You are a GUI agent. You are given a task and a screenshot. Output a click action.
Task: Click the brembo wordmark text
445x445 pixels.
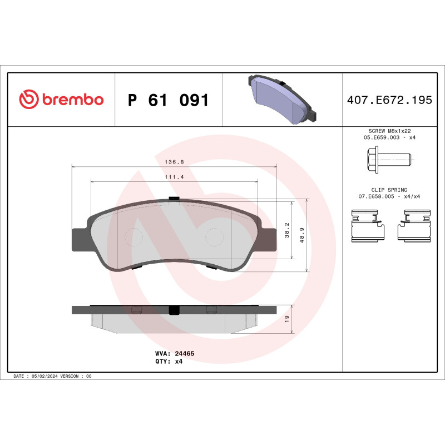click(72, 100)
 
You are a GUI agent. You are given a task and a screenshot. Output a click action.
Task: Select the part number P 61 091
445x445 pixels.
click(168, 101)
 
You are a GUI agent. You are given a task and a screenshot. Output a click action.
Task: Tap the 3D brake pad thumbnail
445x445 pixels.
click(281, 99)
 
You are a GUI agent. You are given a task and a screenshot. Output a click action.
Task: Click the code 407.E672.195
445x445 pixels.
click(389, 100)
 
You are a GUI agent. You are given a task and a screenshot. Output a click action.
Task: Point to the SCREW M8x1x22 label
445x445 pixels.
click(389, 130)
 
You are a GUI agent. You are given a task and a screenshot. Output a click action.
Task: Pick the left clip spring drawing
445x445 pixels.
click(365, 225)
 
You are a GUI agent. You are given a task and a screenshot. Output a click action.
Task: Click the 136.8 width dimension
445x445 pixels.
click(174, 162)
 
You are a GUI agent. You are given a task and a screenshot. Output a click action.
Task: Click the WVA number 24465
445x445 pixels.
click(184, 353)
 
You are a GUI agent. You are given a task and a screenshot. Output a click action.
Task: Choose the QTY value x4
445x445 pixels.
click(179, 361)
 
